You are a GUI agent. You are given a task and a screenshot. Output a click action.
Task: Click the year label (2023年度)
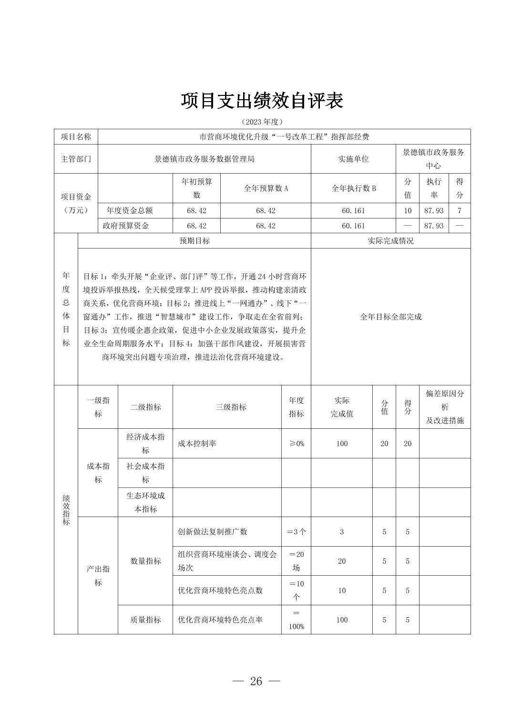point(262,122)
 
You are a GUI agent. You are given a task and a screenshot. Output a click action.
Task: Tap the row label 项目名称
point(76,137)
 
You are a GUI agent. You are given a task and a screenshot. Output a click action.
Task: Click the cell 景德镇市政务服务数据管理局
point(204,159)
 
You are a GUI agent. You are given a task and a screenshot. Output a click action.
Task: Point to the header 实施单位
point(353,159)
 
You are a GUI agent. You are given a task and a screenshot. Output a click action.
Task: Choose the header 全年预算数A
point(266,188)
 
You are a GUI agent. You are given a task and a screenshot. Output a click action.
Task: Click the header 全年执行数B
point(353,188)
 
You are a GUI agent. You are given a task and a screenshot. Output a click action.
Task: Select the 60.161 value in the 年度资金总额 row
point(353,210)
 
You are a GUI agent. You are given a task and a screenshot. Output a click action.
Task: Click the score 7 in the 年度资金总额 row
point(459,210)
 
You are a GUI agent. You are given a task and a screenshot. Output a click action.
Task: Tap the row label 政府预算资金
point(126,226)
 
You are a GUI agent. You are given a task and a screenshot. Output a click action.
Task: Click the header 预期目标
point(195,241)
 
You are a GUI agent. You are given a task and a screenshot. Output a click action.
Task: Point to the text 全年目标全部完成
point(390,317)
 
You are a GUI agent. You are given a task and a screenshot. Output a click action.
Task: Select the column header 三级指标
point(231,407)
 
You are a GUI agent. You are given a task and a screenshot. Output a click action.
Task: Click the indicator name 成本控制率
point(197,444)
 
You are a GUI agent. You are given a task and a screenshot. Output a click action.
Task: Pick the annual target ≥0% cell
point(296,444)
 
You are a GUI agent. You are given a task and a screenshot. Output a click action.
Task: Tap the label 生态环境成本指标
point(145,502)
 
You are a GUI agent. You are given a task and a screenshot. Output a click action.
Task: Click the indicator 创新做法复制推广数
point(213,532)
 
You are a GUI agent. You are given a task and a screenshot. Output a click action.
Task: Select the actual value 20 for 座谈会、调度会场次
point(342,561)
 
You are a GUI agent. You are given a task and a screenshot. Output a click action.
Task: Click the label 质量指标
point(145,620)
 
